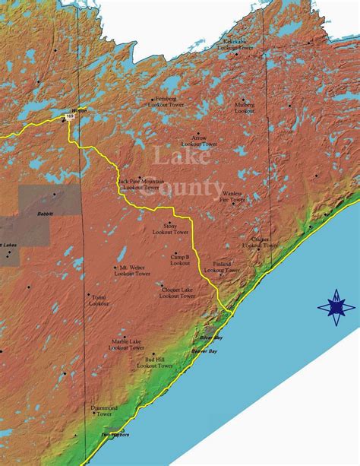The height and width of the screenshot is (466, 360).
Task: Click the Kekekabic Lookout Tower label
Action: [235, 44]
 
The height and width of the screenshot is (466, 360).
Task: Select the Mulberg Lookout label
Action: [245, 107]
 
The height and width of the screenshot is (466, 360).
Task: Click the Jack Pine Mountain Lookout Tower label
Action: [141, 185]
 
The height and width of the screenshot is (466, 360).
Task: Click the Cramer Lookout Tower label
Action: [260, 243]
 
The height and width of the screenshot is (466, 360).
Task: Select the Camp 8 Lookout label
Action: [180, 260]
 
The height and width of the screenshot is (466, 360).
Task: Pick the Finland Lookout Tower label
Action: [222, 267]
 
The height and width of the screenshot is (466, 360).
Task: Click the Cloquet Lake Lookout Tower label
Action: [176, 292]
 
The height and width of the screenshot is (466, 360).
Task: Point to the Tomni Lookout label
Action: [99, 300]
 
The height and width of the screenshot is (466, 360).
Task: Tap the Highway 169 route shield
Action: [70, 116]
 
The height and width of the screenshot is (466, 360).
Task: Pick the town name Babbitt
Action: [46, 214]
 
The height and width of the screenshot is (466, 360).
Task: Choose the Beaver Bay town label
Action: [204, 351]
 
